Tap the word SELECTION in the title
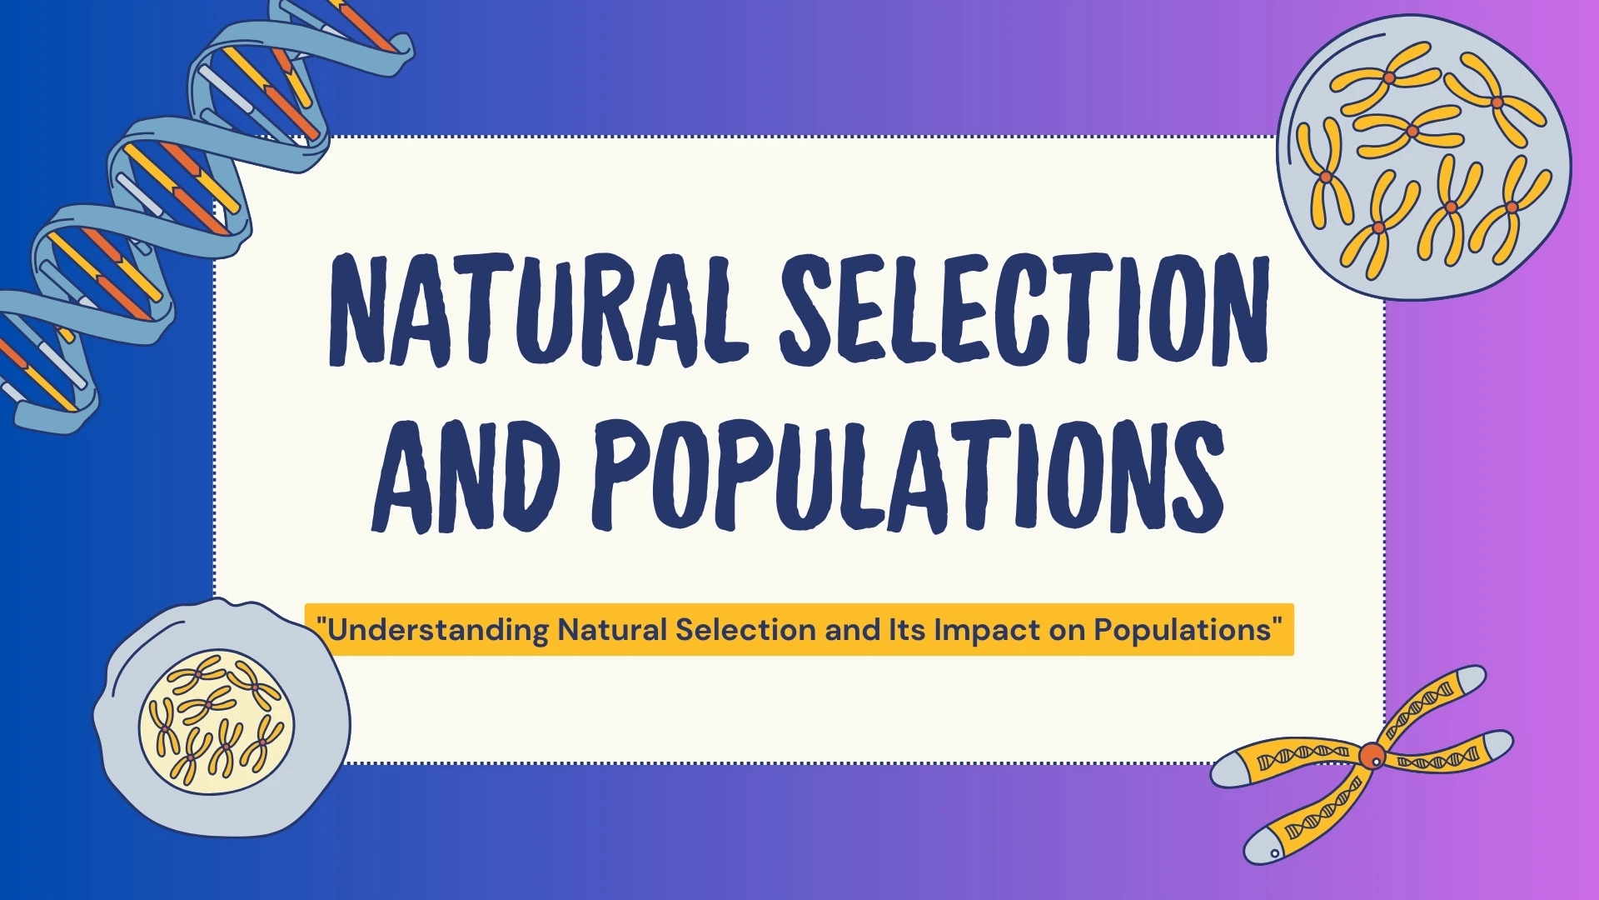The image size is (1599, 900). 1024,310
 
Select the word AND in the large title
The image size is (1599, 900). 466,477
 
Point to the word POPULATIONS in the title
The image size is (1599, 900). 908,477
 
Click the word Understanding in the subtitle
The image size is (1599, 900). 438,630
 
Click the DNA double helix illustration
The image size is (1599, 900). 167,192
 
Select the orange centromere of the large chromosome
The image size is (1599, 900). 1372,756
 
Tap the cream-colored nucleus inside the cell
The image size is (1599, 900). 217,722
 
